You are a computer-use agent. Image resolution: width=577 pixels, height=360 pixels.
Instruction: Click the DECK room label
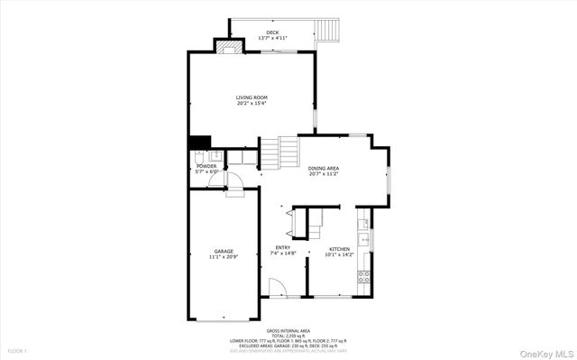click(x=272, y=32)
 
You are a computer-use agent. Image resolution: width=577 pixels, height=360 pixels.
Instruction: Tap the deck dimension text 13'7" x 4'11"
click(x=272, y=39)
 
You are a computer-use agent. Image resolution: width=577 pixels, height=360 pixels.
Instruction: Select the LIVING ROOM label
click(x=251, y=97)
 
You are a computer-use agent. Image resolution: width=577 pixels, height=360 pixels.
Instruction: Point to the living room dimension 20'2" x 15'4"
click(x=251, y=103)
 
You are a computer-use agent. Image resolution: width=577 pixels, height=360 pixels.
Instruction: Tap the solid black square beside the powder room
click(x=199, y=142)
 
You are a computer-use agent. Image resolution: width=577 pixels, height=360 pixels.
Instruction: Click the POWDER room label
click(x=207, y=166)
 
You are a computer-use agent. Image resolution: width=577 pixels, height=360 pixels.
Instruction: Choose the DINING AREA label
click(x=323, y=168)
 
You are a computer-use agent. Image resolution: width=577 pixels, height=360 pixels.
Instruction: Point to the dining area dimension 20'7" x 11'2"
click(x=323, y=174)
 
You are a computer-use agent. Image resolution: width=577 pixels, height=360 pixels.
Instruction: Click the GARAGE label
click(x=224, y=251)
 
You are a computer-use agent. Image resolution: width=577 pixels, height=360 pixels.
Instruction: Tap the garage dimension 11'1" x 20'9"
click(x=224, y=257)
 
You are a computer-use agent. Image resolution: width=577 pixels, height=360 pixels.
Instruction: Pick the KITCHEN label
click(x=339, y=248)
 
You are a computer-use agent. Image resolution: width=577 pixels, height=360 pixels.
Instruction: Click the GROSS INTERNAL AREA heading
click(x=288, y=331)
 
